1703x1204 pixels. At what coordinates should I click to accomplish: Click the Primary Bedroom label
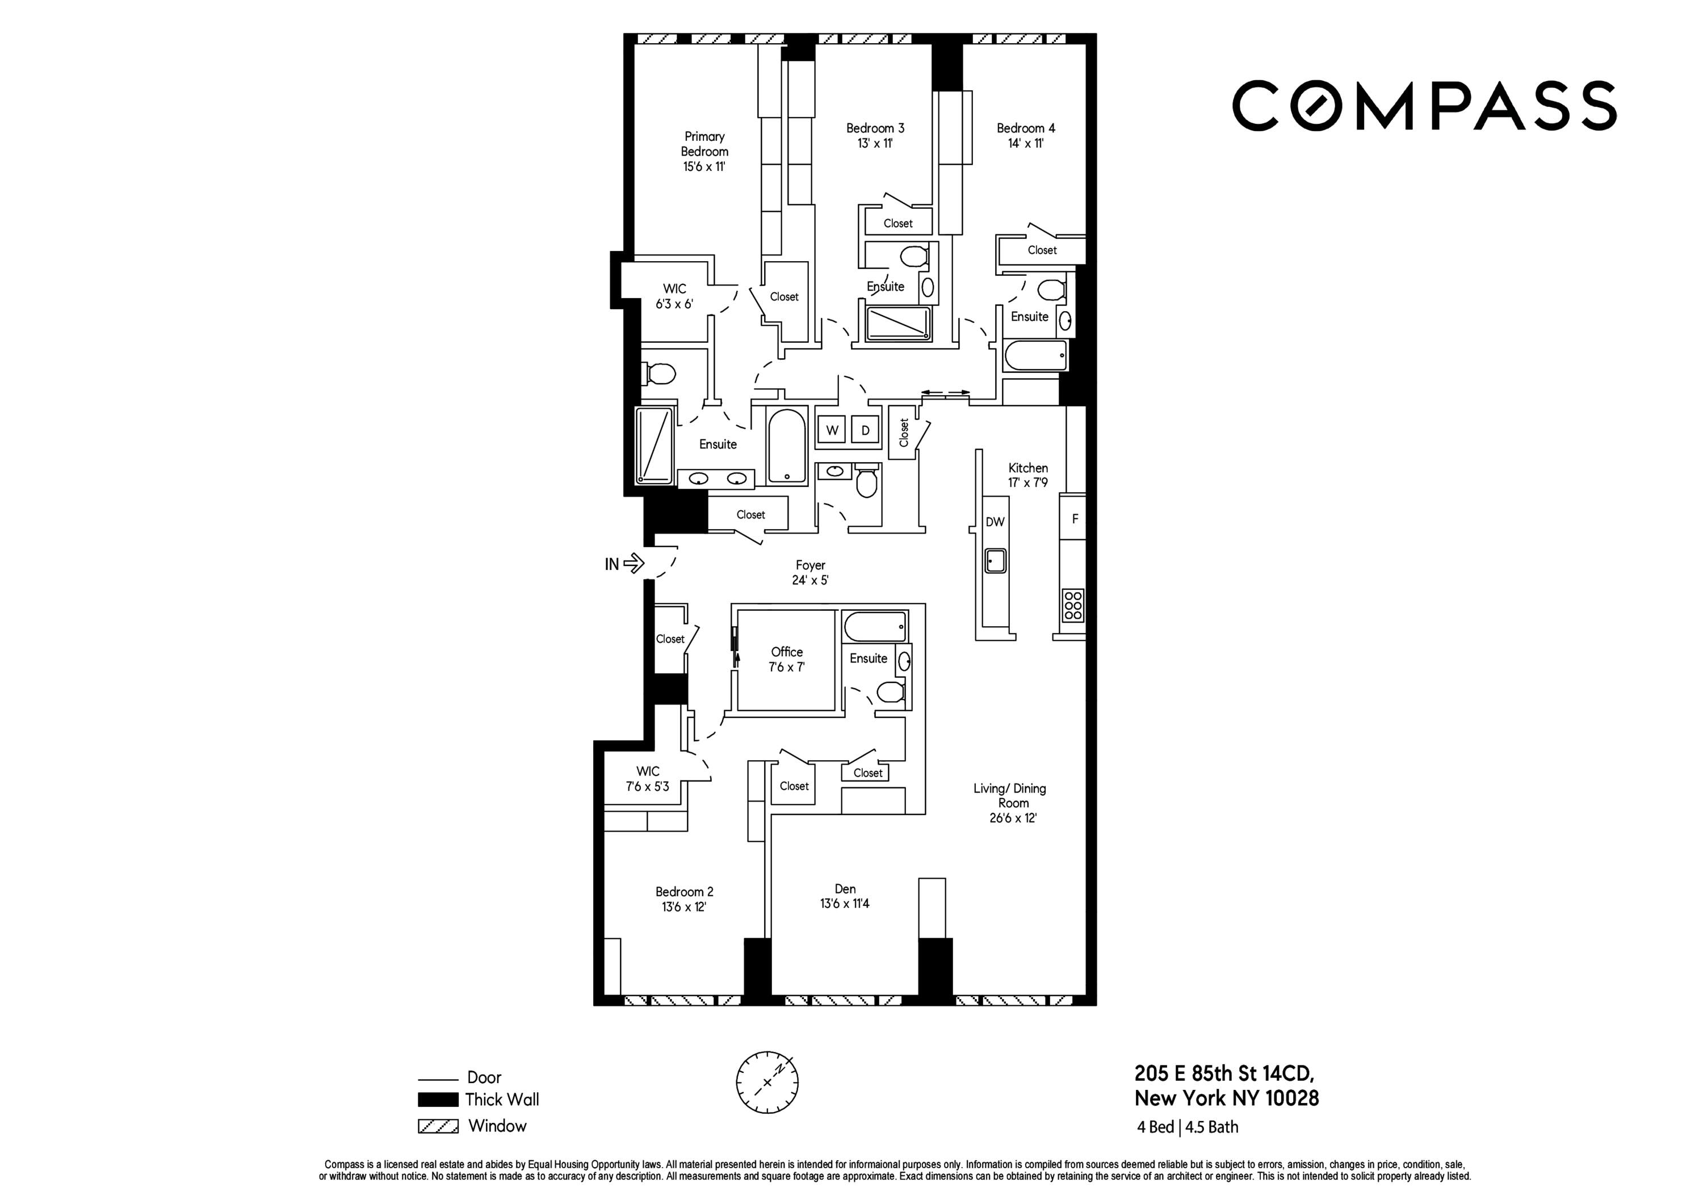(704, 144)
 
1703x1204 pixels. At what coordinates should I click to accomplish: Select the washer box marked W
(832, 430)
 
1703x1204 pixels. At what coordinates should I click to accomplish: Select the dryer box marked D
(865, 430)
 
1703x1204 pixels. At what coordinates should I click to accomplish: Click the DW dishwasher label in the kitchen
(995, 522)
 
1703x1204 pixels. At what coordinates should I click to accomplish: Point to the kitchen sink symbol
(995, 560)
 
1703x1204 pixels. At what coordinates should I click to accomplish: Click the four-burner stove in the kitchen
(1072, 605)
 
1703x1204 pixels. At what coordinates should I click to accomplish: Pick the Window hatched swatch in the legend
(438, 1126)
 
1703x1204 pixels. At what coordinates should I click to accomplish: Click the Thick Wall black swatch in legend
(438, 1100)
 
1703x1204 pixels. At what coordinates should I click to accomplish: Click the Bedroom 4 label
(1025, 128)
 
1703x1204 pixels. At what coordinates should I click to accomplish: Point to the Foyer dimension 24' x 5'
(810, 580)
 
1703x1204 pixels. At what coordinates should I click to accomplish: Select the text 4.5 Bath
(1212, 1127)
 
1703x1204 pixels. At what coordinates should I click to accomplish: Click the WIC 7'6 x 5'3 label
(648, 779)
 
